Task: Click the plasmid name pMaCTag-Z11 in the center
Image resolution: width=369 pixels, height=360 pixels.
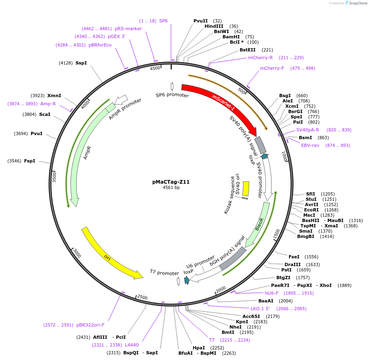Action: click(x=171, y=182)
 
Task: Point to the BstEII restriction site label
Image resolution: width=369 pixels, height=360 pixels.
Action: click(x=247, y=50)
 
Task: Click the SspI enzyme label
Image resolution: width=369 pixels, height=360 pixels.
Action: click(x=81, y=63)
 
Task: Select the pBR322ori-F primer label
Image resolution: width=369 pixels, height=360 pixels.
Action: click(x=90, y=325)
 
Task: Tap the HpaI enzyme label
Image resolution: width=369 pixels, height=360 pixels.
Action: click(x=199, y=348)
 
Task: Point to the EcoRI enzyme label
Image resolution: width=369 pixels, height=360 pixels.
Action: click(x=312, y=210)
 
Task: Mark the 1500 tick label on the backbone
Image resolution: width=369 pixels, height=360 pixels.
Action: click(x=276, y=234)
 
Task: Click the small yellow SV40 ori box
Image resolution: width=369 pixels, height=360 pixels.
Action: click(x=246, y=188)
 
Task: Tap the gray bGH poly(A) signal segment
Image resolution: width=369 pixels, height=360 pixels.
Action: click(x=233, y=258)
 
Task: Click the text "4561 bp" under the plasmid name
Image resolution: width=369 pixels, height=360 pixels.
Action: click(x=171, y=188)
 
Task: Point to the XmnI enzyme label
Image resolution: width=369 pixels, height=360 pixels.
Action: click(x=54, y=96)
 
